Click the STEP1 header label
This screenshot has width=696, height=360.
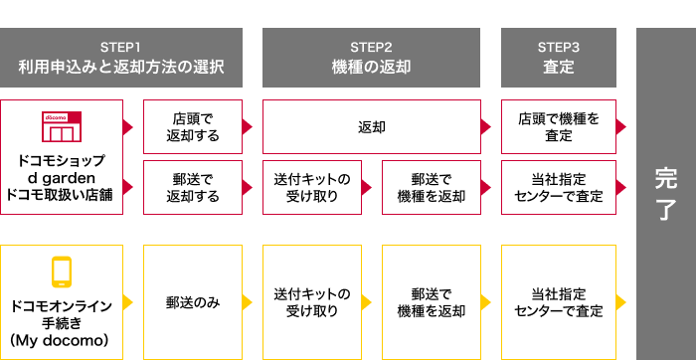(121, 47)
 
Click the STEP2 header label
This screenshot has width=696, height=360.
(371, 47)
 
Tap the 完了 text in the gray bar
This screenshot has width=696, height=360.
(665, 193)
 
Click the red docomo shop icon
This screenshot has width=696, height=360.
(61, 127)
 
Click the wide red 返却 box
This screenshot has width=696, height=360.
(371, 126)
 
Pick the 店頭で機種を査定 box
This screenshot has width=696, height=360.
(559, 126)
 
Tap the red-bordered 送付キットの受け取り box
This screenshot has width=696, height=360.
(312, 187)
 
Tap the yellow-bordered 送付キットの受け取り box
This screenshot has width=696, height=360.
(312, 301)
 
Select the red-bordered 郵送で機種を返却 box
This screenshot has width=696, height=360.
(431, 187)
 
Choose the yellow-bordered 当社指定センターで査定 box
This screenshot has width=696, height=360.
(559, 301)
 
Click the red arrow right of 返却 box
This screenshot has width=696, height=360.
(485, 126)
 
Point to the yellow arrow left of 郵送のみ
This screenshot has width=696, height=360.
(129, 301)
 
